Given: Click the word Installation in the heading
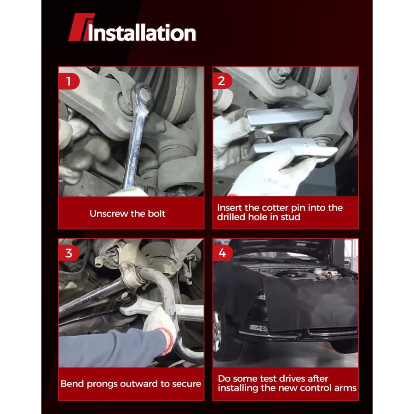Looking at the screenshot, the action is (142, 33).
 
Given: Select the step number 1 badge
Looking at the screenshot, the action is (69, 81).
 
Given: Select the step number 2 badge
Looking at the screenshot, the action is (222, 81).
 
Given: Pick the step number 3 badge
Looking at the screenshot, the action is (69, 253).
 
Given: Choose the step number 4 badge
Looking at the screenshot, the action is (222, 253).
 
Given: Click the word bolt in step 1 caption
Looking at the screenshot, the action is (156, 213).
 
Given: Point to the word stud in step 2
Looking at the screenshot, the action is (292, 217).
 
